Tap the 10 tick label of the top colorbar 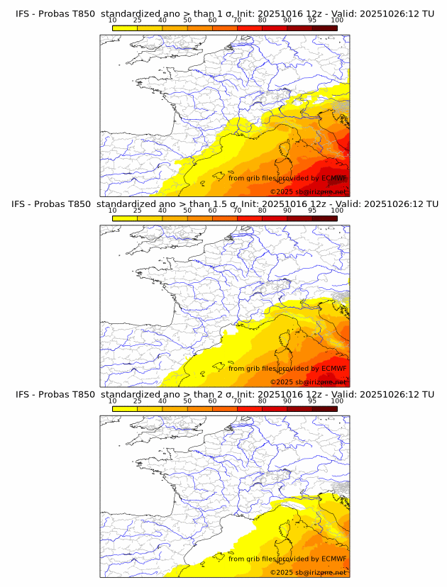click(113, 21)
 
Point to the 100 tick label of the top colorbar click(337, 21)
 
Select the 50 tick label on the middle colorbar click(187, 211)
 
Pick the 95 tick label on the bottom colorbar click(312, 401)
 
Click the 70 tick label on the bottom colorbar click(237, 401)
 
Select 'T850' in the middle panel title click(82, 204)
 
